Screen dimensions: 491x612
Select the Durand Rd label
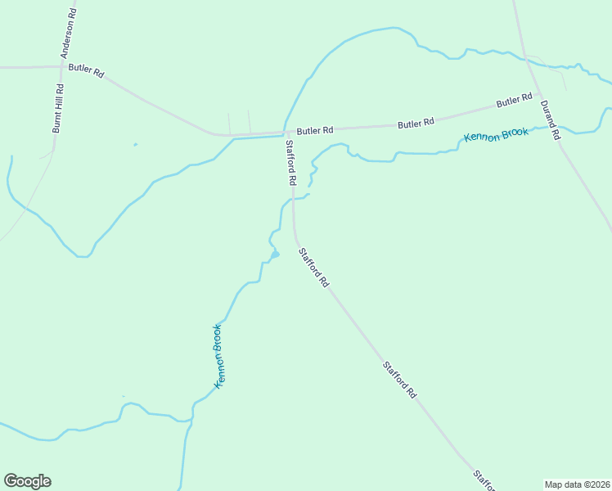coord(549,119)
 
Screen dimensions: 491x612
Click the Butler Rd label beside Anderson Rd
coord(86,70)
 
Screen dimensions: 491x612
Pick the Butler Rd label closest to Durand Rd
coord(514,102)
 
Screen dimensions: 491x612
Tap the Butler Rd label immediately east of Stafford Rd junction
coord(315,130)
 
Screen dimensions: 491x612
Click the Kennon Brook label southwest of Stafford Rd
coord(218,356)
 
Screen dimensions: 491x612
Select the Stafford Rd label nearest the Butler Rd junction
coord(290,160)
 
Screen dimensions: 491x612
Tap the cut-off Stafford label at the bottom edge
coord(484,481)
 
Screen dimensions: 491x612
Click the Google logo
coord(27,481)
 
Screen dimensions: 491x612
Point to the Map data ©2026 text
coord(577,484)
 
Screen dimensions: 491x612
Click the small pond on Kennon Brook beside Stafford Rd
coord(275,255)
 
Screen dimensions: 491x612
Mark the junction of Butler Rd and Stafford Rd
coord(284,133)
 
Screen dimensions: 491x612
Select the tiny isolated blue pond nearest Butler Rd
coord(135,145)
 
